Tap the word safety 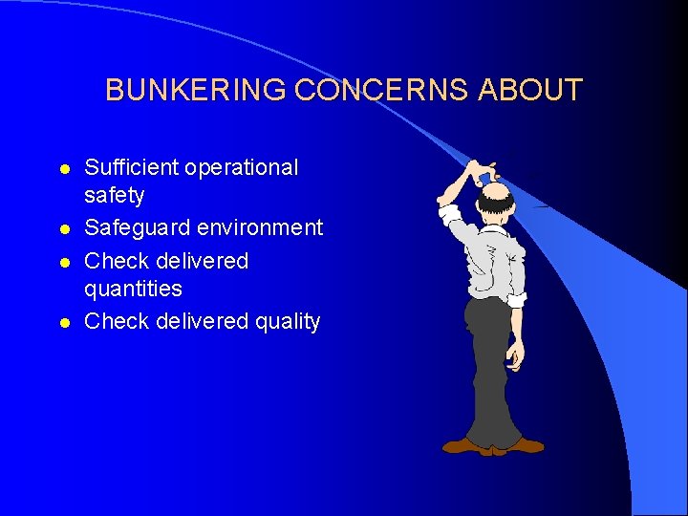114,195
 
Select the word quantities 133,288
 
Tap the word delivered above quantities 204,261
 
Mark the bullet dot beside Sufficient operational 64,168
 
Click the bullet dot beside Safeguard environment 64,228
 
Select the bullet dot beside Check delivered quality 64,322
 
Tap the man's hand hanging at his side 515,355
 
